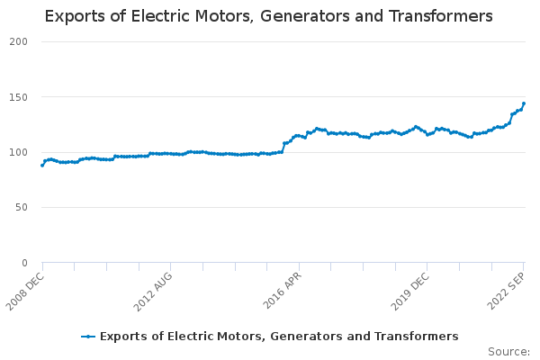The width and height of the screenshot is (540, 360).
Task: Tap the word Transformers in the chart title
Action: tap(441, 16)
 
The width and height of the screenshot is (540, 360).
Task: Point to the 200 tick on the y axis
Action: tap(19, 41)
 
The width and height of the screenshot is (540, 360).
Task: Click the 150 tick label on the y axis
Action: tap(19, 97)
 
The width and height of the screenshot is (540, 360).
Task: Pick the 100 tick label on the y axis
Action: tap(19, 152)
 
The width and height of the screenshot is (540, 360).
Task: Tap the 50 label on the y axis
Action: tap(22, 208)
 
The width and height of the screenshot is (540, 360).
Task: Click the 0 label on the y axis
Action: tap(25, 263)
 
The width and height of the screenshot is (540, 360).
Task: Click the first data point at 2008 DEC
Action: tap(42, 165)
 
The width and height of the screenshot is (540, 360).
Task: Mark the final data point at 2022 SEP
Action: tap(524, 103)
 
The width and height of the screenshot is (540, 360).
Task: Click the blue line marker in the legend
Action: tap(87, 337)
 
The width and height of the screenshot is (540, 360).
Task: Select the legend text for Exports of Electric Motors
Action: tap(279, 337)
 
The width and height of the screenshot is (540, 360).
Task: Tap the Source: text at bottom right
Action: tap(508, 351)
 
